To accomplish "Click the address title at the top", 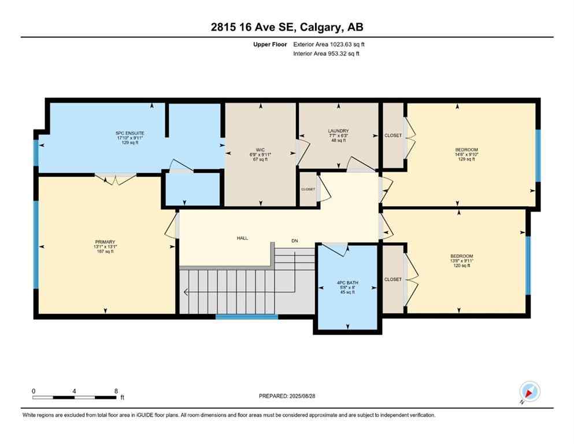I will [287, 27].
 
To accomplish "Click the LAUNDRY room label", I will [338, 131].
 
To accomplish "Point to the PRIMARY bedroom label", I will [106, 242].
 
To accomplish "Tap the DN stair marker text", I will [295, 241].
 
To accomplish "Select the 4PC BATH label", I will [347, 283].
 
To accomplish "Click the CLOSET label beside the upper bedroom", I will [393, 135].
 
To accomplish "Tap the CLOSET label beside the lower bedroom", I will [393, 279].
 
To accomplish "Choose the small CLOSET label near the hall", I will [308, 189].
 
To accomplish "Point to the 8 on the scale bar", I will [116, 391].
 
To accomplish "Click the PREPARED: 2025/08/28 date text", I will [287, 396].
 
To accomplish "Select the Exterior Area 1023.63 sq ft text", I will [328, 44].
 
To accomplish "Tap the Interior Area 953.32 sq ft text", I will [327, 54].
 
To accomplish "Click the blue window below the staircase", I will [247, 316].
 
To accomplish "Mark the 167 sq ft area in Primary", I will [106, 251].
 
